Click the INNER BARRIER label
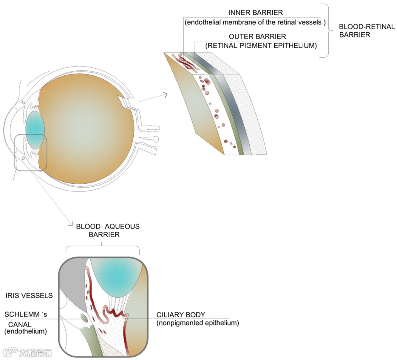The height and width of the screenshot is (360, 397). (x=255, y=12)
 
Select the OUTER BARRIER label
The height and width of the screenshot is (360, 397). (x=257, y=37)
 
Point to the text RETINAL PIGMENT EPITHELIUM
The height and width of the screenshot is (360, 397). (x=261, y=46)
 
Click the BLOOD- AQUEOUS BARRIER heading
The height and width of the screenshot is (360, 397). (x=107, y=230)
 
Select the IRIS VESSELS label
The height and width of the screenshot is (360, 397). (x=29, y=296)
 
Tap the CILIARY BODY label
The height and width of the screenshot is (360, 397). (x=180, y=315)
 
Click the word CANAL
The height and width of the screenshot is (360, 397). (x=18, y=325)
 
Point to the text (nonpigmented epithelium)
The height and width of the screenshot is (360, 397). (x=198, y=323)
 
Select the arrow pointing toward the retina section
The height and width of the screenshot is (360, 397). (x=153, y=97)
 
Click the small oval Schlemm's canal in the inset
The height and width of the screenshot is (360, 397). (x=84, y=317)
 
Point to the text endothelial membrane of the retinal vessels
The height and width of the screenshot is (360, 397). (x=255, y=22)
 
